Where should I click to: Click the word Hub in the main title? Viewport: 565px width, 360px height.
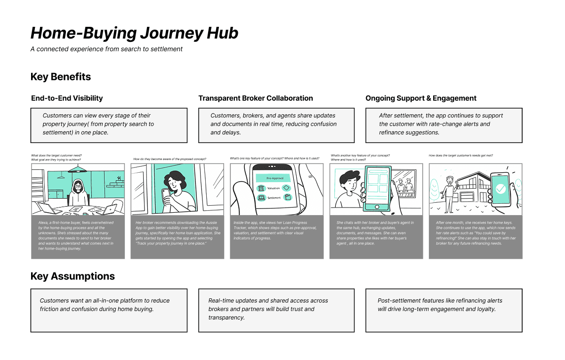[x=222, y=33]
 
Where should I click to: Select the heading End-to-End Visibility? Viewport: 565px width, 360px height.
[x=67, y=98]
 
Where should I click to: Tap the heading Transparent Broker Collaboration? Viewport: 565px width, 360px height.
[x=256, y=98]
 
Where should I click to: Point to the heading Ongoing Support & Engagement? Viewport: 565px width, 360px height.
[x=421, y=98]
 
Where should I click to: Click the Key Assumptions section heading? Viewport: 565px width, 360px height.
[x=73, y=276]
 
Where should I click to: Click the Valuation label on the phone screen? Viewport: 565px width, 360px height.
[x=274, y=188]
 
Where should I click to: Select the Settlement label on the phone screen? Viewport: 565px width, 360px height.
[x=274, y=198]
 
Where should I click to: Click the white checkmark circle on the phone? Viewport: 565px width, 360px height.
[x=500, y=189]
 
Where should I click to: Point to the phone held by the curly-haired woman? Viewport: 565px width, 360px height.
[x=164, y=196]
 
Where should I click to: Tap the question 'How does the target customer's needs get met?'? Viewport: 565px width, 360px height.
[x=460, y=156]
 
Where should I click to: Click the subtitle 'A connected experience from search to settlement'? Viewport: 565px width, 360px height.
[x=106, y=49]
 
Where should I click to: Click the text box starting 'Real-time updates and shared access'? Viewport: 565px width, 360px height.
[x=276, y=310]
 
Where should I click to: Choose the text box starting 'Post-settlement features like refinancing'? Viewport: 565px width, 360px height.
[x=444, y=310]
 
